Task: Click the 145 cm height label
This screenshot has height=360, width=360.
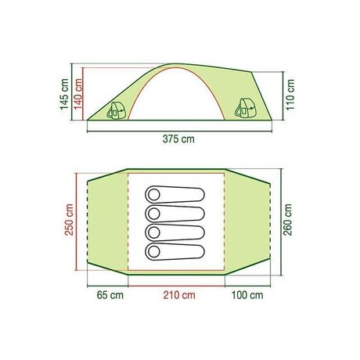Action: tap(64, 95)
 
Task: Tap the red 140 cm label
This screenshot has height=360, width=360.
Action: tap(78, 95)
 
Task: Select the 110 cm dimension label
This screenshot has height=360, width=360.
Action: tap(290, 95)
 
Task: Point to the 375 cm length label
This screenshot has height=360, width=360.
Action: tap(178, 139)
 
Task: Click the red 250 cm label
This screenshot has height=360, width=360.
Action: tap(69, 220)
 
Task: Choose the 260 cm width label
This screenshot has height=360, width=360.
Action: tap(287, 220)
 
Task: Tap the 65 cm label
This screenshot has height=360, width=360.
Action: tap(110, 295)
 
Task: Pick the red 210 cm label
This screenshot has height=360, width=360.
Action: tap(179, 295)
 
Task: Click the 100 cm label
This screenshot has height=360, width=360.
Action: tap(247, 295)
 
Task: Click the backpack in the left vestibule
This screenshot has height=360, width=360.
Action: tap(116, 110)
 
